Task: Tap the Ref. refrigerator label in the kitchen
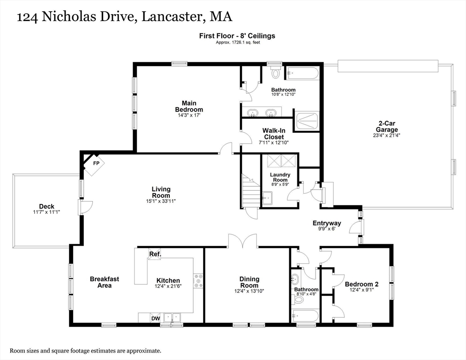[x=155, y=254]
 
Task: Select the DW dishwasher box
[x=155, y=318]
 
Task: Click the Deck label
[x=46, y=206]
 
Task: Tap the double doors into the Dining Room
[x=243, y=241]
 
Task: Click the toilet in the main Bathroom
[x=276, y=73]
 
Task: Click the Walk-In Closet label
[x=273, y=134]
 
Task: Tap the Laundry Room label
[x=280, y=177]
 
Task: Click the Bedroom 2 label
[x=361, y=284]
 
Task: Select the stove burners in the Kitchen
[x=198, y=280]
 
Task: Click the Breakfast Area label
[x=104, y=282]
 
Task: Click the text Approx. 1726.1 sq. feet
[x=238, y=43]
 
